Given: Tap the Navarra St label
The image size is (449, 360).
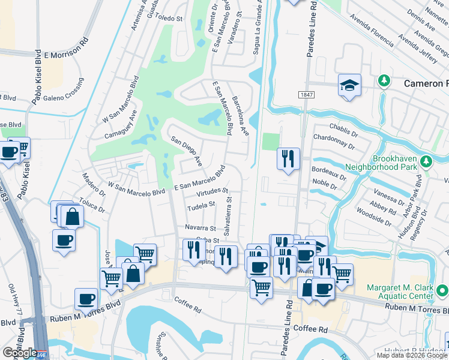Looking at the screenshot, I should pyautogui.click(x=200, y=229).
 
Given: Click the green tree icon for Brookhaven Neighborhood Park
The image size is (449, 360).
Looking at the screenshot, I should pyautogui.click(x=426, y=161).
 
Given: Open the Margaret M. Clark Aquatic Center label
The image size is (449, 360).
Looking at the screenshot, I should pyautogui.click(x=393, y=292).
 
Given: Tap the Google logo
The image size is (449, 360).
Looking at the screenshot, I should pyautogui.click(x=20, y=352).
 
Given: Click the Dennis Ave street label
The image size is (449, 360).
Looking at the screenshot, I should pyautogui.click(x=421, y=19).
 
